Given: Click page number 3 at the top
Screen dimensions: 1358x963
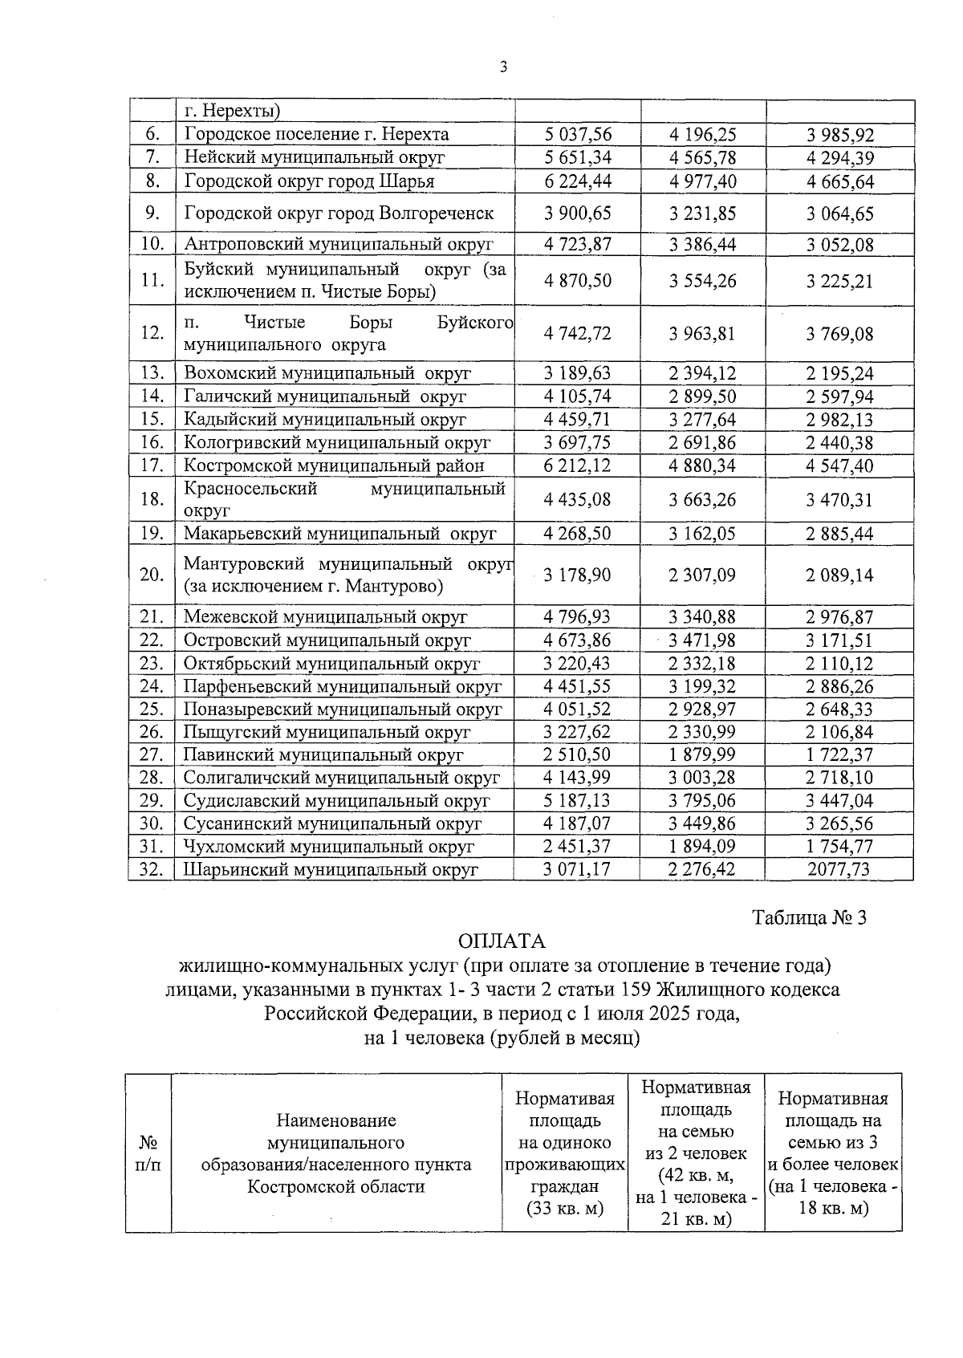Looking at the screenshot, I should [x=502, y=67].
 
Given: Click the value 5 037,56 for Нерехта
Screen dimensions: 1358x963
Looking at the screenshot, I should [x=577, y=134].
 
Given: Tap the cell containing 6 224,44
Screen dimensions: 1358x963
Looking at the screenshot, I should [x=577, y=181].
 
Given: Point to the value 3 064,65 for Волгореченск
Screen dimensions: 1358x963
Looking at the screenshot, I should [x=839, y=214].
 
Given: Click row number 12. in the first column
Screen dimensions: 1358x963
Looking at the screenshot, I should [x=152, y=333].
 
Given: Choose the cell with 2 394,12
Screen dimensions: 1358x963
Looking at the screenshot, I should [x=702, y=373].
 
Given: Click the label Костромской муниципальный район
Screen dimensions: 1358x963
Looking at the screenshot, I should [x=334, y=466].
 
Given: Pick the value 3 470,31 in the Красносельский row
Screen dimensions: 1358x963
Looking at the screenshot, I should [x=839, y=500].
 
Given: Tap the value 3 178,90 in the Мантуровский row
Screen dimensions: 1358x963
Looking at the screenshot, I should [x=577, y=575].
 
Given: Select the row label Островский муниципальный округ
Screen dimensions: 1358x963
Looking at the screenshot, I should [x=327, y=640].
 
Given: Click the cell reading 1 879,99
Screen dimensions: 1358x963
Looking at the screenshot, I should [x=702, y=755].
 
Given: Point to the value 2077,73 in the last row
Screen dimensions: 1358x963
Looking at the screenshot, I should [x=839, y=869].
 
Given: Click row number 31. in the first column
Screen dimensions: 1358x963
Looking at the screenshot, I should [x=152, y=846].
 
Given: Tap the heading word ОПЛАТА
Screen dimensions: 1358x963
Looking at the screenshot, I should [x=502, y=941].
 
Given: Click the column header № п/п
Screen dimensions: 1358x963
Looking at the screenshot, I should [x=148, y=1153].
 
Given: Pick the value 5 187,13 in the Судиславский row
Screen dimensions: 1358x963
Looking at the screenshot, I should [x=577, y=801].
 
